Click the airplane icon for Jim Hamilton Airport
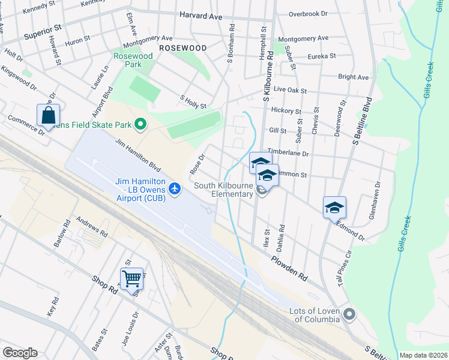(x=175, y=189)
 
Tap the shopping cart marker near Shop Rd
(x=131, y=278)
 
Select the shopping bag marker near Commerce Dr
(x=49, y=115)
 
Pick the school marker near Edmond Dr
(x=334, y=207)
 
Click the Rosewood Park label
(x=133, y=60)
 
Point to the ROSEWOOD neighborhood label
(x=182, y=47)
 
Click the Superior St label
(x=43, y=31)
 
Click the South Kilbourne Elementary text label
(x=223, y=190)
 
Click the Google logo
(x=20, y=353)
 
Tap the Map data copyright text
(x=424, y=355)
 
